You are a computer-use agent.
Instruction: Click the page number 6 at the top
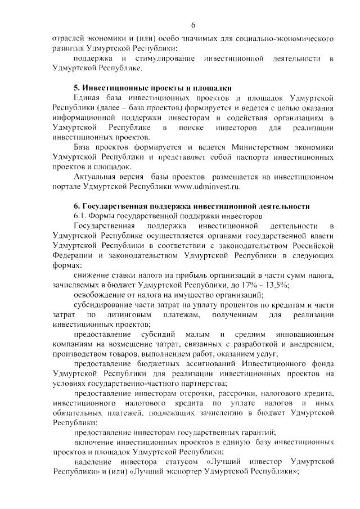pos(193,25)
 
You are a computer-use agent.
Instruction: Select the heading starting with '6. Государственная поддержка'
pos(192,206)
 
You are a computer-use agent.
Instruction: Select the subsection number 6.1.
pos(82,216)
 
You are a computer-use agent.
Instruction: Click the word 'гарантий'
pos(259,432)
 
